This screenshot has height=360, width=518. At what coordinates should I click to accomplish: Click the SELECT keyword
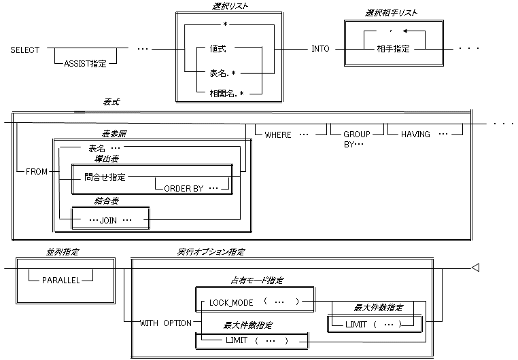[x=25, y=49]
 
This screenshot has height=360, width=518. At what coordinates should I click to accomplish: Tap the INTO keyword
[x=321, y=49]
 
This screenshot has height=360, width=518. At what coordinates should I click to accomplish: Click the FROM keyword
[x=36, y=172]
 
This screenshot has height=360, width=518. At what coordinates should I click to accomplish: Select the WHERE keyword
[x=277, y=134]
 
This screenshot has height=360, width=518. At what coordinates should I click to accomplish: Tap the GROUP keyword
[x=356, y=134]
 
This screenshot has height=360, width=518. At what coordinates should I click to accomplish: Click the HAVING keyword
[x=415, y=134]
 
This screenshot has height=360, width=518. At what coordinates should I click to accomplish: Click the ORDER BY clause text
[x=184, y=188]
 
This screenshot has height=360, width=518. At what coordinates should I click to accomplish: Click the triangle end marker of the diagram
[x=476, y=268]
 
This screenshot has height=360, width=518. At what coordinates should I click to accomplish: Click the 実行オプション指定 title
[x=211, y=252]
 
